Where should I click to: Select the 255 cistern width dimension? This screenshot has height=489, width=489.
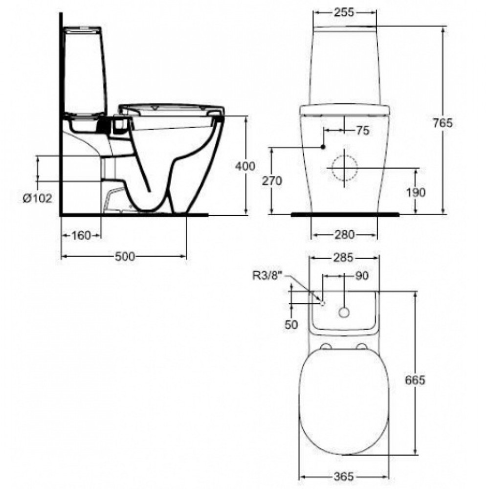(x=345, y=13)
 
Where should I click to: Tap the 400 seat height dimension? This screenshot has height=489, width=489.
(x=245, y=166)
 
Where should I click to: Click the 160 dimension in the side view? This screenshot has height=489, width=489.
(x=81, y=236)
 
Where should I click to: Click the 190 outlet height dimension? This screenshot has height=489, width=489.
(x=416, y=192)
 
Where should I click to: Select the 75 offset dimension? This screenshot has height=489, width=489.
(x=362, y=131)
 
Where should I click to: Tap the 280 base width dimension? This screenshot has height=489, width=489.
(x=345, y=235)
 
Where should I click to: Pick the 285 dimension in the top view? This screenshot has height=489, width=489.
(x=345, y=257)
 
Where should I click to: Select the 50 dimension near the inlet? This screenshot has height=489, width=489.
(x=291, y=324)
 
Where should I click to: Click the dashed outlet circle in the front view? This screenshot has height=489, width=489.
(x=345, y=167)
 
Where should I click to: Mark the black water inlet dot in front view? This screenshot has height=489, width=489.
(x=323, y=147)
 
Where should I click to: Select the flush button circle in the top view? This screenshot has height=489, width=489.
(x=345, y=311)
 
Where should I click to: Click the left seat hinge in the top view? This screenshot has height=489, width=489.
(x=326, y=347)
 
